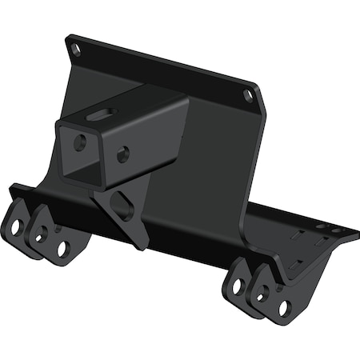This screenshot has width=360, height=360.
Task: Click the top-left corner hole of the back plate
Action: point(77,50)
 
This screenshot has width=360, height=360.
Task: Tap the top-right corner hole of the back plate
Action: point(248,95)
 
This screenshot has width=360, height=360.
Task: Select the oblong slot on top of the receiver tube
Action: point(102,114)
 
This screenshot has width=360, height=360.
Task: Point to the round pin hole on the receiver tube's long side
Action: point(122,154)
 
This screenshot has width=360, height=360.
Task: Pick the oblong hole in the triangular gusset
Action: point(122,204)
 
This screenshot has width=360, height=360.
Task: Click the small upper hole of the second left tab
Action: point(57,230)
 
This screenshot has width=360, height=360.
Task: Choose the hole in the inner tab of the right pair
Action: point(238,286)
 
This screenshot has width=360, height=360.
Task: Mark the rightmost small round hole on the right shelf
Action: point(336,230)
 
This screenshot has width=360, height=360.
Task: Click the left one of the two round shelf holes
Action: point(320,227)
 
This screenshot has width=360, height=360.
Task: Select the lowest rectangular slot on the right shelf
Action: point(296,265)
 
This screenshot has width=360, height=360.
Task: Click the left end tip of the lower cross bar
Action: point(10,190)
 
